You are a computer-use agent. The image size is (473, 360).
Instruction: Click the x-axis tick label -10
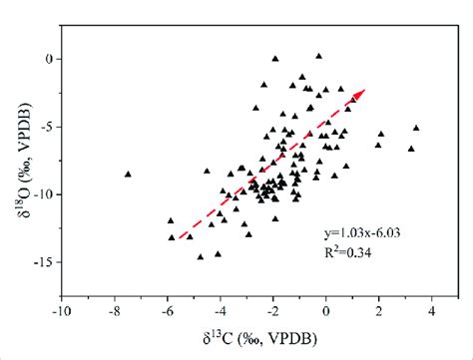[61, 309]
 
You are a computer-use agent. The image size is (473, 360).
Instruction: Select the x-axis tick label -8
[114, 309]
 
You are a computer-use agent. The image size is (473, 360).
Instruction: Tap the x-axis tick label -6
[168, 309]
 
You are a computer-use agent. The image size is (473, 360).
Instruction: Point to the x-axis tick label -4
[221, 309]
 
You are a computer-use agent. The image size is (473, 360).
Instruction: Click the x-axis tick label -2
[273, 309]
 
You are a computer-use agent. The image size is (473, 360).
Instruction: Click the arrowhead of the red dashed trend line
[361, 92]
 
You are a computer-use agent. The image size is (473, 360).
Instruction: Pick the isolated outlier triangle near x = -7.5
[128, 174]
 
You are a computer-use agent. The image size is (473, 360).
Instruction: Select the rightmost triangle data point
[416, 128]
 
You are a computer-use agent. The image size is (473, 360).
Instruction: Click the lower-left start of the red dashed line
[176, 239]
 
